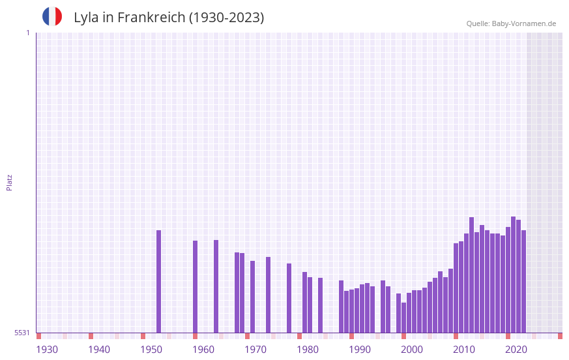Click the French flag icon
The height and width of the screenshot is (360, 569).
(x=52, y=16)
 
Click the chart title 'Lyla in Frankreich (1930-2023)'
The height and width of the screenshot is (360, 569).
(x=169, y=18)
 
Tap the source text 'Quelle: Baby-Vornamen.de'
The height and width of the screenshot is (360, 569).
(x=511, y=23)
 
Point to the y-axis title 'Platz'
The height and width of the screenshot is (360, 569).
(x=9, y=182)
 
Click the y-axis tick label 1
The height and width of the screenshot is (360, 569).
(x=27, y=33)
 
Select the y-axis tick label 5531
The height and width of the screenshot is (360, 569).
(x=22, y=333)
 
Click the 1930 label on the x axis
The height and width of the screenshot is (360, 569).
(x=47, y=350)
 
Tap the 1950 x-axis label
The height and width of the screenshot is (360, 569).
(x=151, y=350)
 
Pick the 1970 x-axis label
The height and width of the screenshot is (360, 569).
(x=255, y=350)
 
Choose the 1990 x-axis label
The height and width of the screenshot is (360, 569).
(x=360, y=350)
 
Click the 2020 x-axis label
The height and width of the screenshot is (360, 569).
(x=516, y=350)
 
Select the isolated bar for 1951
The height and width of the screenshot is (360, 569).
(x=158, y=281)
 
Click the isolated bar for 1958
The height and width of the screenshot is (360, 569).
(x=195, y=286)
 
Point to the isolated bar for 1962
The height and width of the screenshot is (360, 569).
(x=216, y=286)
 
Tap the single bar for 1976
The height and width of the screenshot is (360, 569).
(x=289, y=298)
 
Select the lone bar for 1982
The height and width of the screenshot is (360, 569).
(x=320, y=305)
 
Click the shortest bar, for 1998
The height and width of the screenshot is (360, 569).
(x=403, y=318)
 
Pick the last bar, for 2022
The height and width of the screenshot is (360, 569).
(x=523, y=281)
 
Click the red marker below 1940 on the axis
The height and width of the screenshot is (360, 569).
(x=91, y=336)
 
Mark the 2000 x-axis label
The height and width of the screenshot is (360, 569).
(x=412, y=350)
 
